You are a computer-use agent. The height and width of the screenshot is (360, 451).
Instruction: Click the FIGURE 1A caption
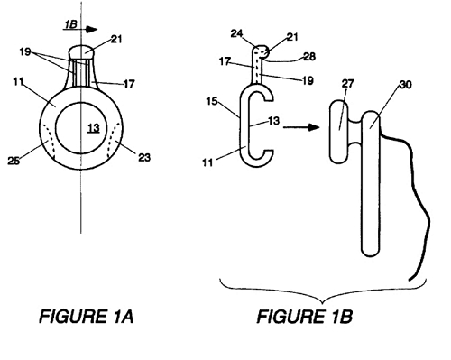pos(87,316)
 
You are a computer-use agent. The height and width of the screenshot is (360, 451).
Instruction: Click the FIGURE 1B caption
pos(304,316)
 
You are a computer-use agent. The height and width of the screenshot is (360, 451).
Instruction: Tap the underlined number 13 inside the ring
pos(94,128)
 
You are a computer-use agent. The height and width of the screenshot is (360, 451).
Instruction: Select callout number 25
pos(14,161)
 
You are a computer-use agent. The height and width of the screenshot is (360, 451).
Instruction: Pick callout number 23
pos(144,157)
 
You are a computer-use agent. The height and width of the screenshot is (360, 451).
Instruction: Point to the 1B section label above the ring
pos(70,24)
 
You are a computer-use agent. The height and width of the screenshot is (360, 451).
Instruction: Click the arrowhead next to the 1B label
pos(91,29)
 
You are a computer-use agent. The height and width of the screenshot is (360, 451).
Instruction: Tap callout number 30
pos(405,85)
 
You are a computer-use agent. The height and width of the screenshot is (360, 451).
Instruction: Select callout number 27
pos(348,83)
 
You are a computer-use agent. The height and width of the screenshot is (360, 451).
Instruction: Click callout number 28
pos(309,57)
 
